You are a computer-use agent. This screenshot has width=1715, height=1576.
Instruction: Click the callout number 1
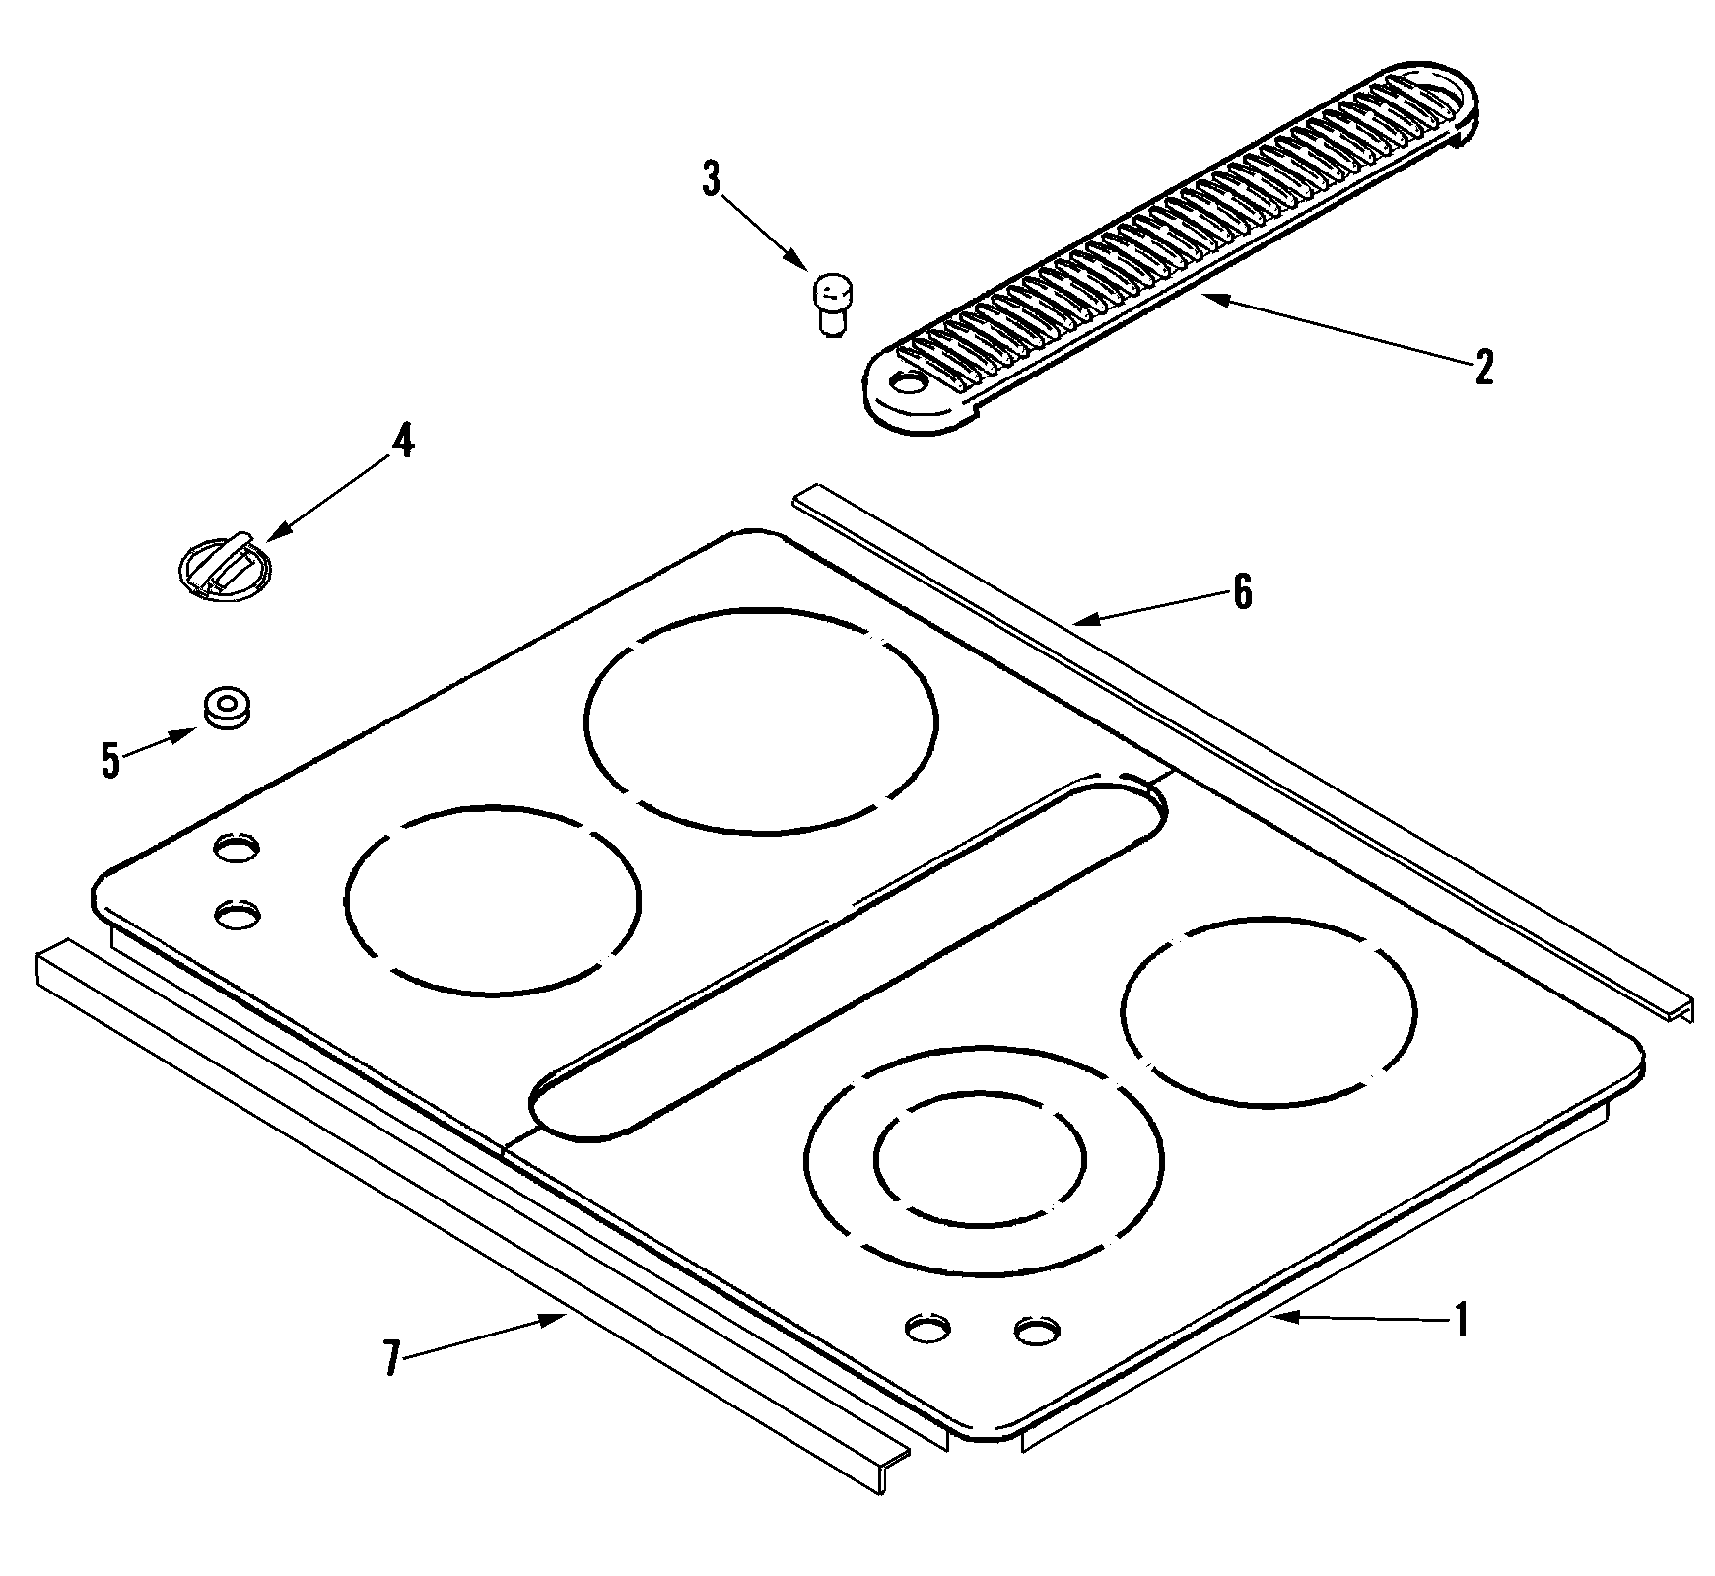1462,1320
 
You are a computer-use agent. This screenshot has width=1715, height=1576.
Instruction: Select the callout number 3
711,181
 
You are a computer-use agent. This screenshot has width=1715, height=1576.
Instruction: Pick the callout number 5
110,760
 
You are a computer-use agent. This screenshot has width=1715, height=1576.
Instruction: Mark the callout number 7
392,1360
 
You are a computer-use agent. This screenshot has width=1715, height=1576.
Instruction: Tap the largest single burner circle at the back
761,719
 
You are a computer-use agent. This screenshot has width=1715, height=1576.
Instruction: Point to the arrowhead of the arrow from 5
192,732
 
